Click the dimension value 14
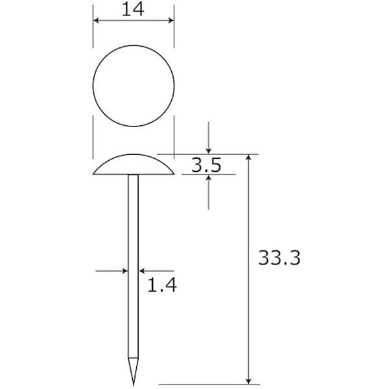pos(133,10)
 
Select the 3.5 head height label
pos(206,165)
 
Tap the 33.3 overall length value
pos(279,258)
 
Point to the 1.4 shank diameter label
pos(162,285)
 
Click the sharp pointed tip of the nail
pos(134,386)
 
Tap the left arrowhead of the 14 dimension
pos(96,21)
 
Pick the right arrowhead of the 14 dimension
pos(171,21)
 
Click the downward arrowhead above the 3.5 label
pos(208,151)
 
